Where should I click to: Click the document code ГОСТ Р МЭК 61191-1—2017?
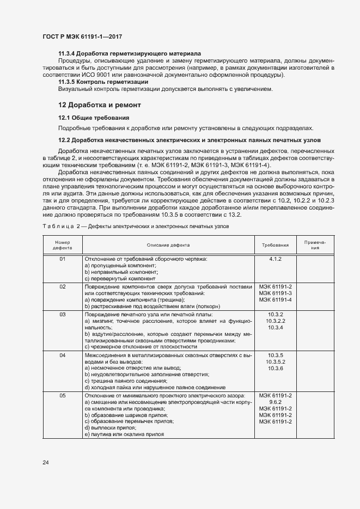click(x=82, y=36)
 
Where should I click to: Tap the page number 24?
click(x=46, y=462)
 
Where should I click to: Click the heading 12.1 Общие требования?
click(x=93, y=118)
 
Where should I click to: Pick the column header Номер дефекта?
click(x=62, y=245)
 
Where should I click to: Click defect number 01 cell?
click(x=62, y=259)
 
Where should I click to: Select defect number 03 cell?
click(x=62, y=315)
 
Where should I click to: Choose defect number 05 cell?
click(x=62, y=395)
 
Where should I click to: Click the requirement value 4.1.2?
click(x=275, y=259)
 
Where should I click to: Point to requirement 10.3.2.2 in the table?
click(x=275, y=321)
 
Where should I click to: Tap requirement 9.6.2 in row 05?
click(x=275, y=402)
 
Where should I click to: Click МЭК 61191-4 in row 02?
click(x=275, y=300)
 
